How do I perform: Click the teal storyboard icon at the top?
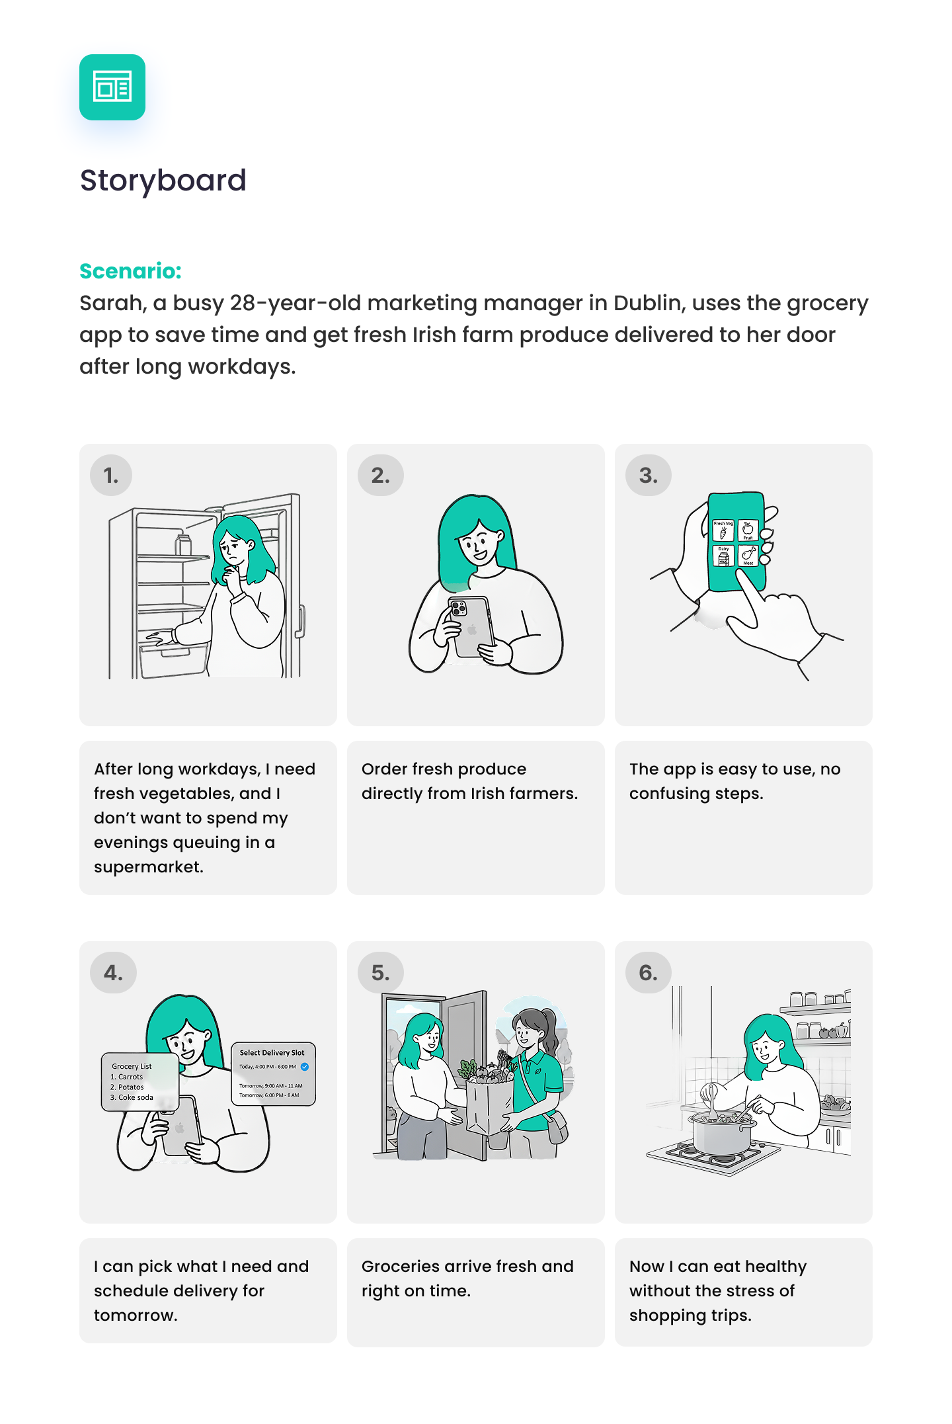(112, 87)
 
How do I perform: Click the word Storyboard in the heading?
(163, 181)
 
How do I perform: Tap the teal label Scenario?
(130, 271)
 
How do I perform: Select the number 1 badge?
(111, 476)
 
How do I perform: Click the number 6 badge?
(649, 973)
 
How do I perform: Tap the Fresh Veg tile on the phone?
(723, 530)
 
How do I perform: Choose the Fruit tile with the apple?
(748, 530)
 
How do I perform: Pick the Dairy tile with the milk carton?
(723, 556)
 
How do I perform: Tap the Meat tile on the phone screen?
(748, 556)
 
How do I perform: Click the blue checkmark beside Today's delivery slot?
(305, 1067)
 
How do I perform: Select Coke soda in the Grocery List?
(136, 1097)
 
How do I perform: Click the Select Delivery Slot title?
(272, 1052)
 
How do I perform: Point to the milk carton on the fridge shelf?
(183, 545)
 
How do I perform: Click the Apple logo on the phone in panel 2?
(472, 630)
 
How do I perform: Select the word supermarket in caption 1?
(148, 867)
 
